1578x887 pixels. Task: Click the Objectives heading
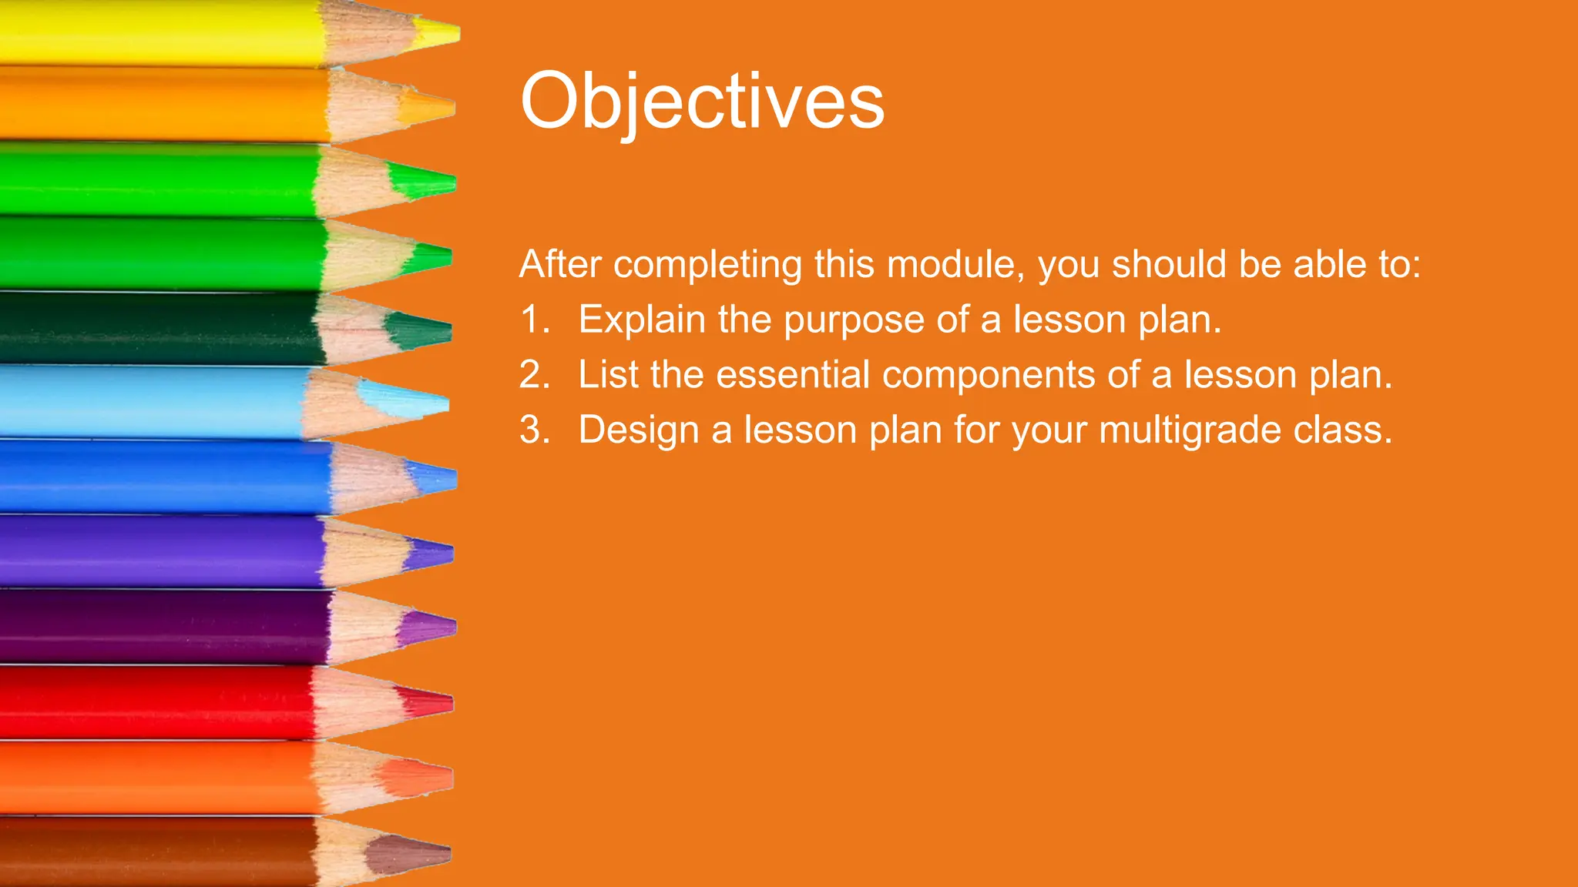tap(702, 101)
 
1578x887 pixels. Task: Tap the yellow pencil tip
tap(439, 33)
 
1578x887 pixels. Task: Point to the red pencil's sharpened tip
tap(428, 702)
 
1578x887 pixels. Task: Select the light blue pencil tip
tap(408, 402)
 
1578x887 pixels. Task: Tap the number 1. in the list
tap(534, 320)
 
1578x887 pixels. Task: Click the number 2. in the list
tap(534, 375)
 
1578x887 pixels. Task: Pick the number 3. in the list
tap(534, 430)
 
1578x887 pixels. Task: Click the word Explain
tap(642, 320)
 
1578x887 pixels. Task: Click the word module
tap(955, 264)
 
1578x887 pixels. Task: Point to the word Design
tap(639, 430)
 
